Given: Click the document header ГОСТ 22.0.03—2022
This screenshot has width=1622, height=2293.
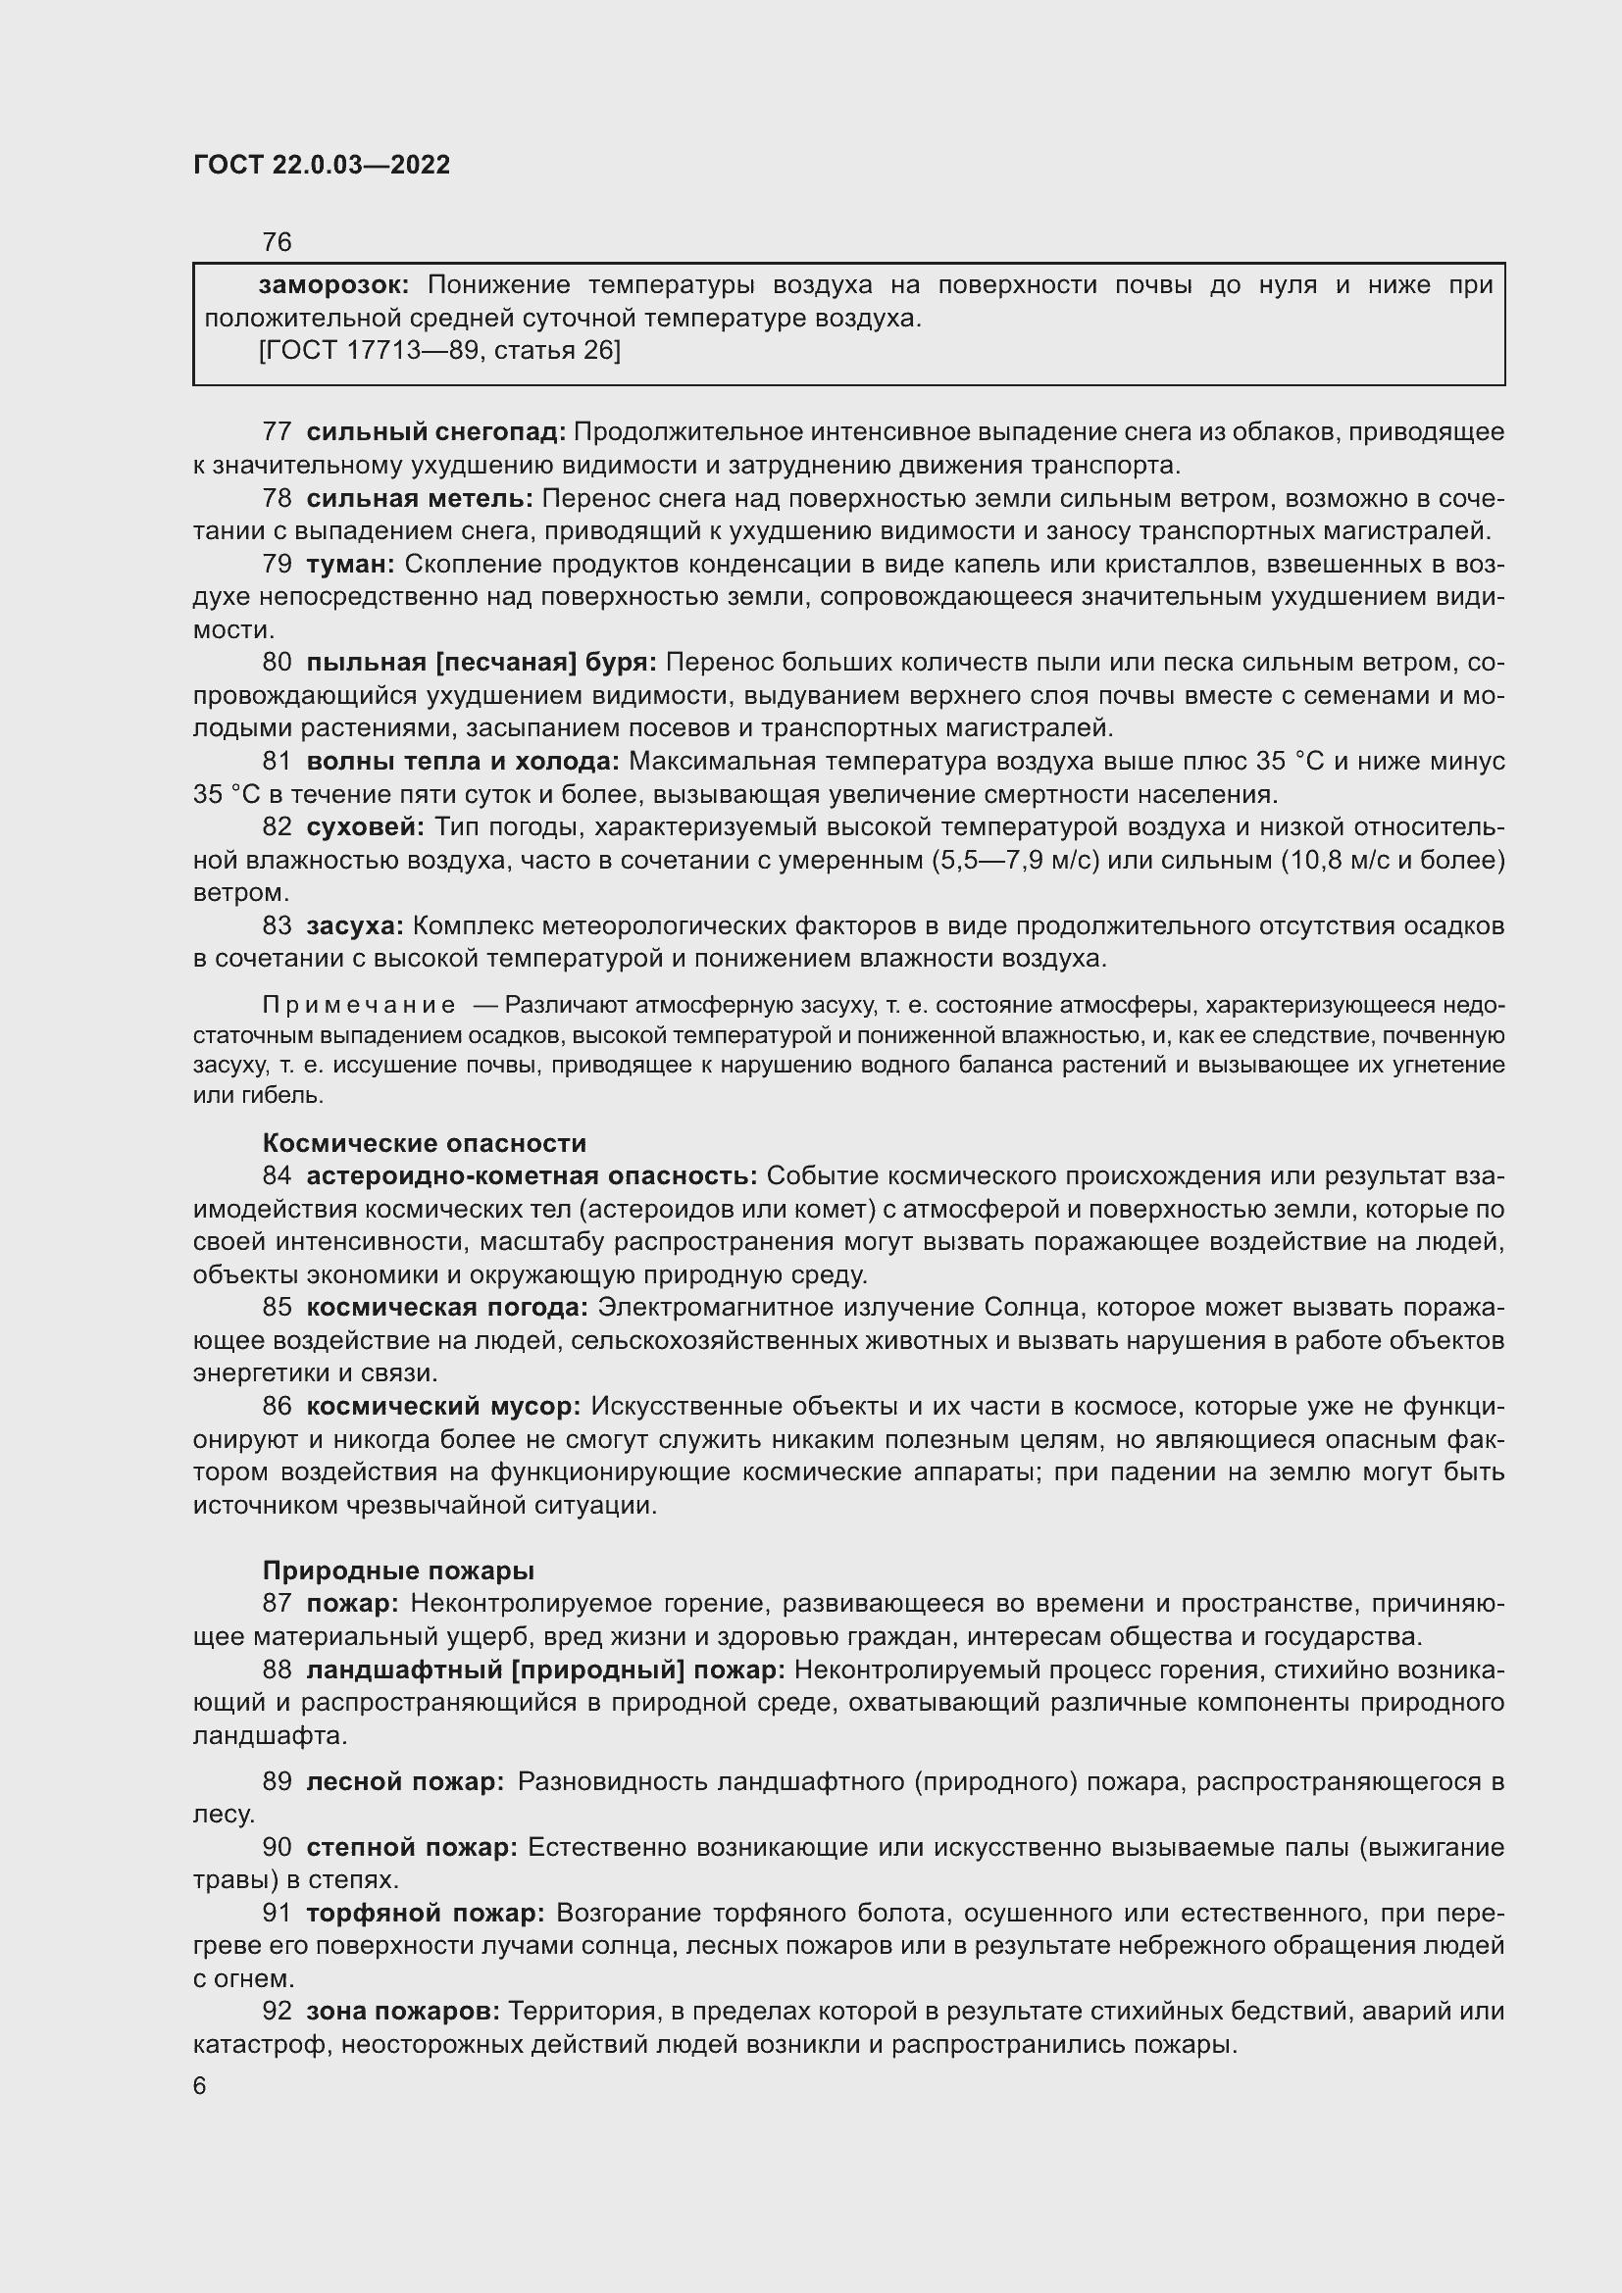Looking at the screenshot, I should (x=321, y=165).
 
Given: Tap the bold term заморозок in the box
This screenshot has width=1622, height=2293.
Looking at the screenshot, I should (x=332, y=285).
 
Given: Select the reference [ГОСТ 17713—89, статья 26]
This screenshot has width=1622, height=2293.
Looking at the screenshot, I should (x=438, y=351).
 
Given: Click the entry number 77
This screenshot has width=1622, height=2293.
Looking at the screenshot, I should (x=277, y=432).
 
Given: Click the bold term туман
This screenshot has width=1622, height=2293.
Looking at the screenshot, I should (x=349, y=565).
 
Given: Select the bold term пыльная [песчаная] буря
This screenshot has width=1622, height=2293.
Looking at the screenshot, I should (x=481, y=662).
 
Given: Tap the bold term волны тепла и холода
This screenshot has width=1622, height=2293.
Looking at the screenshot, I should (x=463, y=761).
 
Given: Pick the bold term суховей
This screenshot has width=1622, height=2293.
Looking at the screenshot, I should (x=365, y=827).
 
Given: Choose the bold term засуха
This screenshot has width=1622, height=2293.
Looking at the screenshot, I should (x=355, y=925).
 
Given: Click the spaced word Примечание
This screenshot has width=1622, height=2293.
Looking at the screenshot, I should (x=359, y=1005).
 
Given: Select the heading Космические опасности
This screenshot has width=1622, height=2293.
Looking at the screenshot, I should (x=424, y=1143).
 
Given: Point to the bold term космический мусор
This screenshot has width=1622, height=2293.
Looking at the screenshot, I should (x=442, y=1406).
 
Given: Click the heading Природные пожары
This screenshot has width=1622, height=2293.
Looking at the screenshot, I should (x=397, y=1570).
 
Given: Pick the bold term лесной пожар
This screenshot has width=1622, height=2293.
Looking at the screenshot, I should (x=404, y=1781).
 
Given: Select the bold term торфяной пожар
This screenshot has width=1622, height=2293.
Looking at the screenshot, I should (x=425, y=1913).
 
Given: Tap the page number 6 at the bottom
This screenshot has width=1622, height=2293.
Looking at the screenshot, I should (x=200, y=2086).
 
